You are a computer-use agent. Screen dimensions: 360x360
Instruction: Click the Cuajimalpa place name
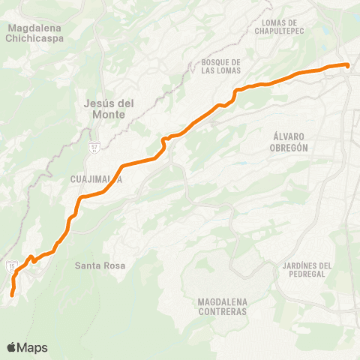95,180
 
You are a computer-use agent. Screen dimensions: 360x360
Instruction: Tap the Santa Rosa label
99,265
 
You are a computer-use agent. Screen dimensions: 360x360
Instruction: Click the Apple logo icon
12,347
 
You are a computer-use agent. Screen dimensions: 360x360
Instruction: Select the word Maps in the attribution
33,347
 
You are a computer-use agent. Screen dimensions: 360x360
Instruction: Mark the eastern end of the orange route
348,66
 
